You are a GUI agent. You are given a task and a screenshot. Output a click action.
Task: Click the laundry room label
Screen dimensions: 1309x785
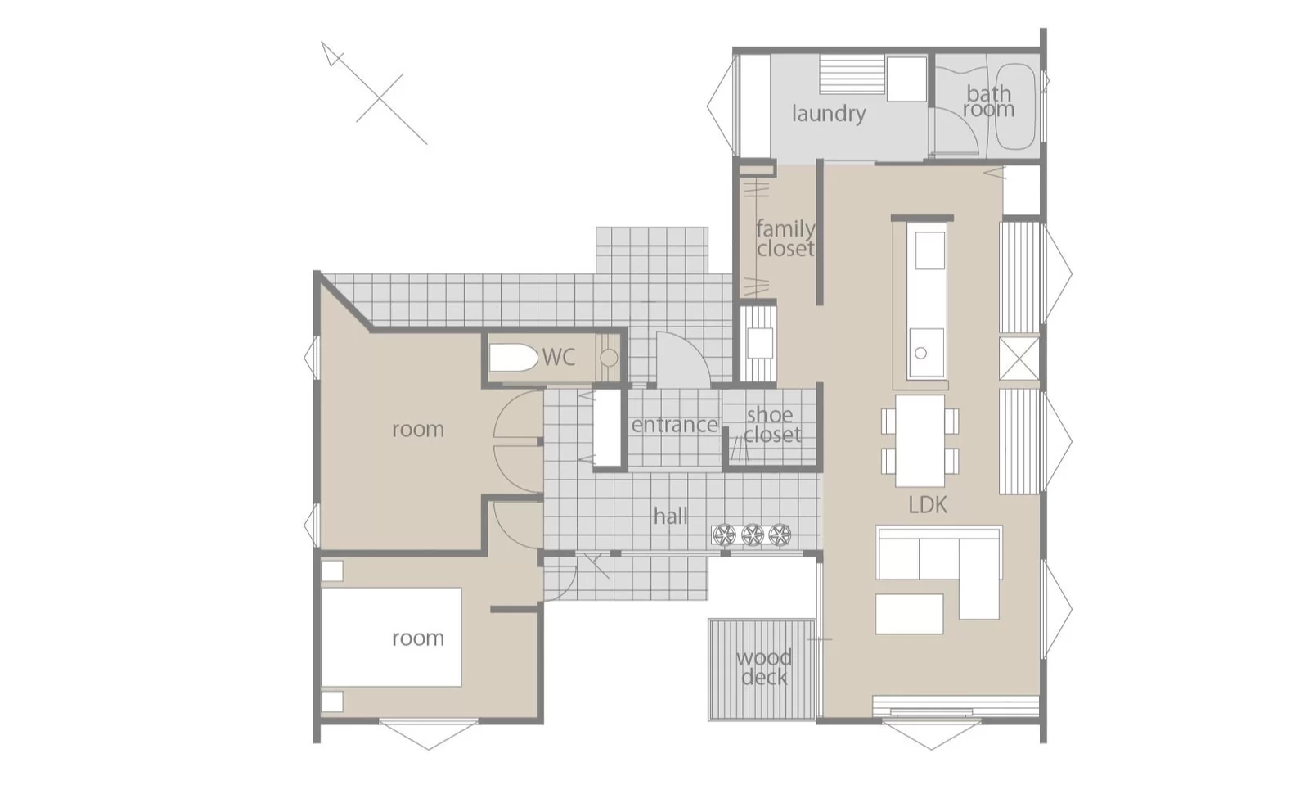pyautogui.click(x=829, y=114)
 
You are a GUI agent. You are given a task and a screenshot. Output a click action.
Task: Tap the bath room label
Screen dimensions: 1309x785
pyautogui.click(x=989, y=102)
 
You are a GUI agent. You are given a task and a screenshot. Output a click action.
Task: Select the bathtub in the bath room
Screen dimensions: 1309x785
pyautogui.click(x=1015, y=106)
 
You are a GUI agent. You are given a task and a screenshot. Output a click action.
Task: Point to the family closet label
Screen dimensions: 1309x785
pyautogui.click(x=785, y=238)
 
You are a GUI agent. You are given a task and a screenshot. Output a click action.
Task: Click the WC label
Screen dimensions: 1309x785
pyautogui.click(x=559, y=357)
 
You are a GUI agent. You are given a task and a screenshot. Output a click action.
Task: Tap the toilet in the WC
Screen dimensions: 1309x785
pyautogui.click(x=513, y=357)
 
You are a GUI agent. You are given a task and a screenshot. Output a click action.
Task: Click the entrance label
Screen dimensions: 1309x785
pyautogui.click(x=675, y=424)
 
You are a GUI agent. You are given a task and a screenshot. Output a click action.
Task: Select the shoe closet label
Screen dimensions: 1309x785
pyautogui.click(x=772, y=425)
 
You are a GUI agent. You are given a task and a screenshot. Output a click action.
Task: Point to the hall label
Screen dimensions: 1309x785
pyautogui.click(x=671, y=517)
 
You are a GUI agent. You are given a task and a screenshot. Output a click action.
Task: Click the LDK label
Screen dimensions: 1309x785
pyautogui.click(x=928, y=505)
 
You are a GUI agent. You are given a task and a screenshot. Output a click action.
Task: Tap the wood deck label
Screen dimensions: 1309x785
pyautogui.click(x=764, y=667)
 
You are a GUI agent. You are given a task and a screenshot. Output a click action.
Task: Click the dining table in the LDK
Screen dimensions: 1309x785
pyautogui.click(x=920, y=440)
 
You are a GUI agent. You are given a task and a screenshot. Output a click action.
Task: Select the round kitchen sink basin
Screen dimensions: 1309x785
pyautogui.click(x=921, y=353)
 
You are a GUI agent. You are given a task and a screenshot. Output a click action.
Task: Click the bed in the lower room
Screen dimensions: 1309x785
pyautogui.click(x=391, y=637)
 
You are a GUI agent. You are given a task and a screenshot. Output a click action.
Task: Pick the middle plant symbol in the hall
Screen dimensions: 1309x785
pyautogui.click(x=753, y=535)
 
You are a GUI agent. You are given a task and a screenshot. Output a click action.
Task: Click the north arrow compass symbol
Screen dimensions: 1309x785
pyautogui.click(x=374, y=92)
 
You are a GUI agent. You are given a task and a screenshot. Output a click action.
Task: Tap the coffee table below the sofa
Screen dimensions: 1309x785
pyautogui.click(x=909, y=614)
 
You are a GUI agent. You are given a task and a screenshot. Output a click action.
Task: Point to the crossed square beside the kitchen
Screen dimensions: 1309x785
pyautogui.click(x=1019, y=359)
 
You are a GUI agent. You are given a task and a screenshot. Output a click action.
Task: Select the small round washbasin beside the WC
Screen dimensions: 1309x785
pyautogui.click(x=609, y=357)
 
